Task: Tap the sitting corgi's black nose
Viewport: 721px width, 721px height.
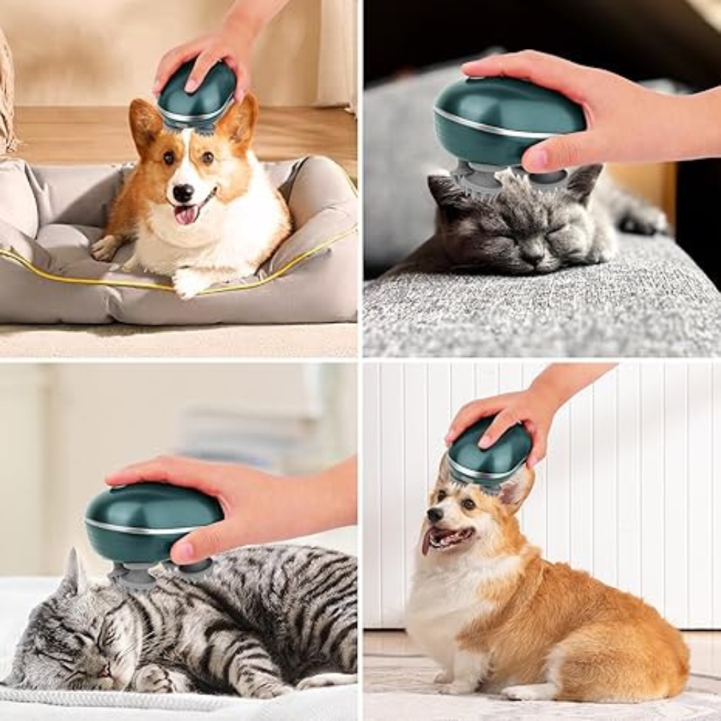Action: coord(434,515)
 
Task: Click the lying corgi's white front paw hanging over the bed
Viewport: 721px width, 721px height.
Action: coord(189,283)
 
